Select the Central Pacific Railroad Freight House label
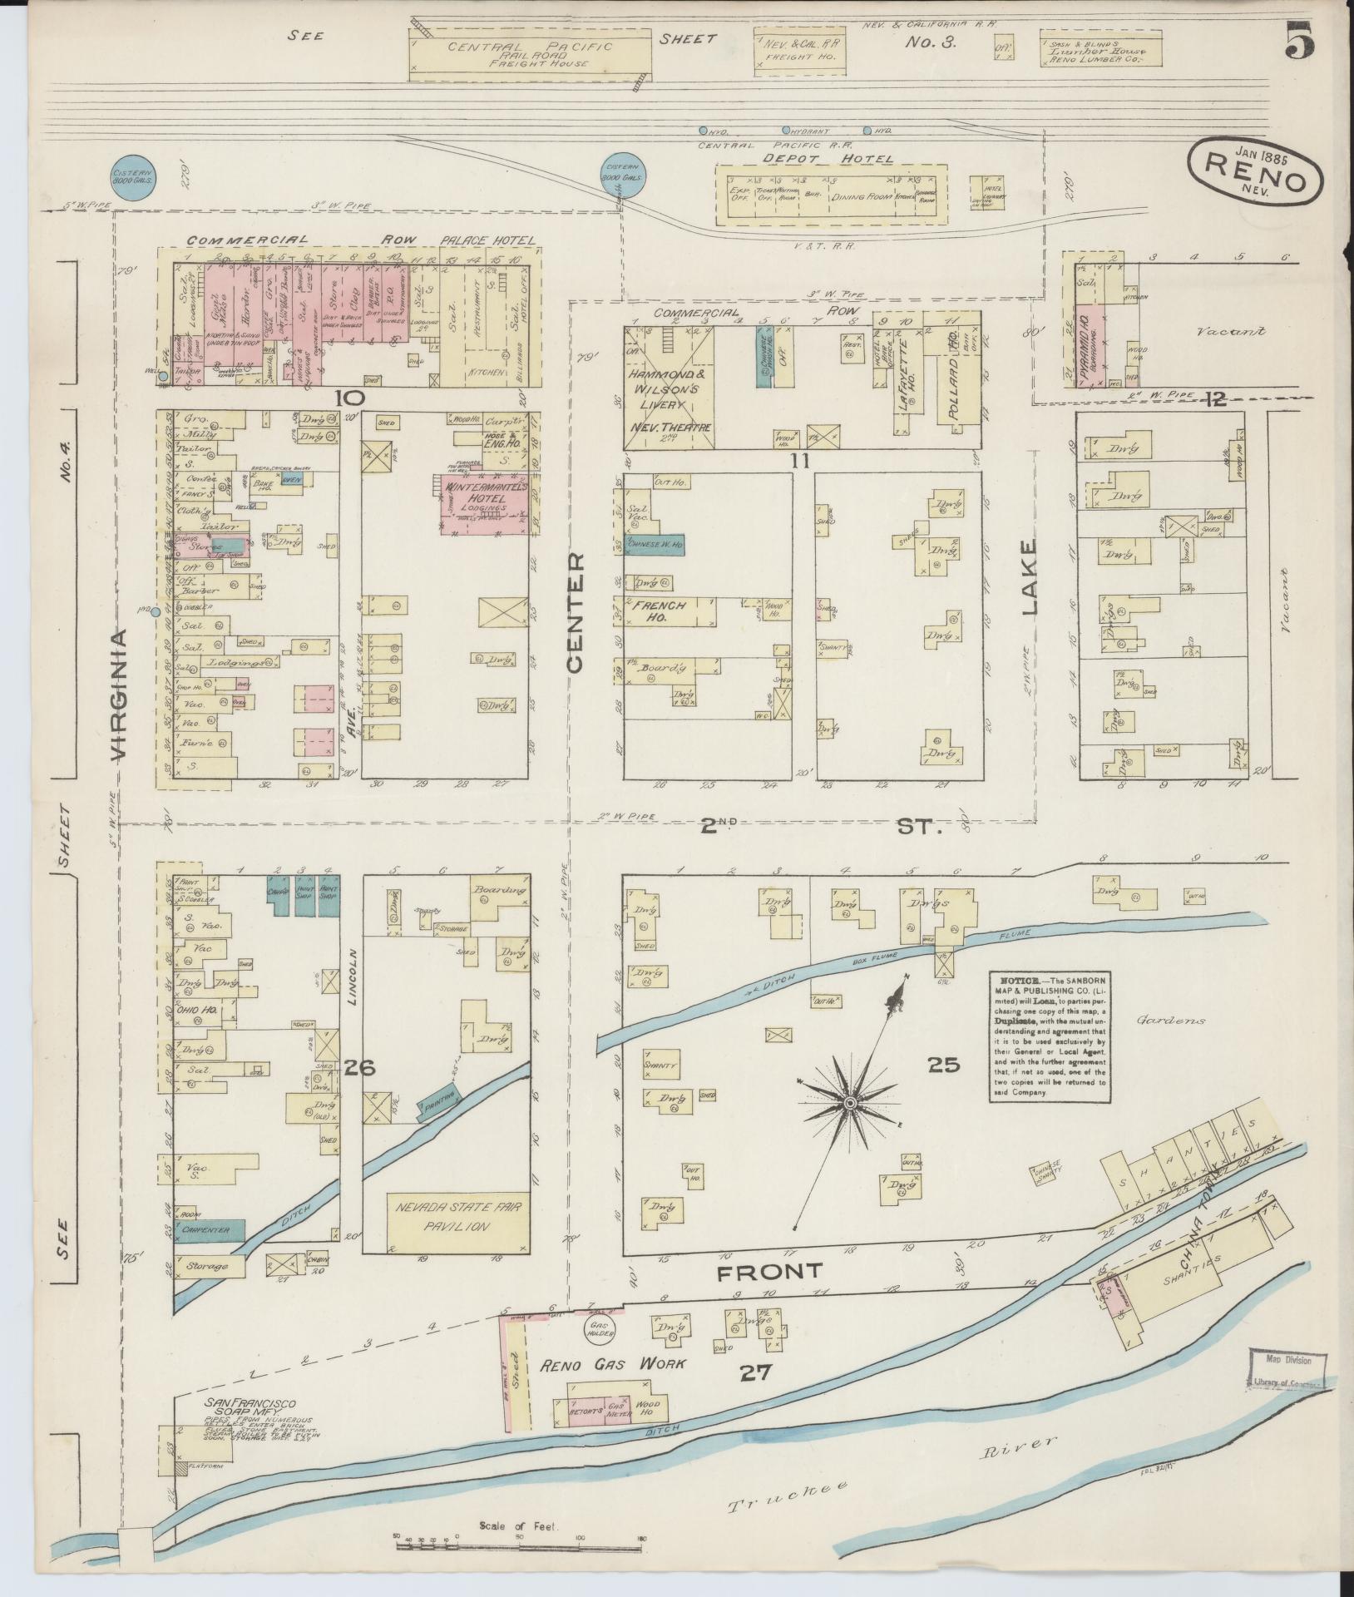pos(530,54)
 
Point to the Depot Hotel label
pos(832,159)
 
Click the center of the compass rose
pos(850,1103)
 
